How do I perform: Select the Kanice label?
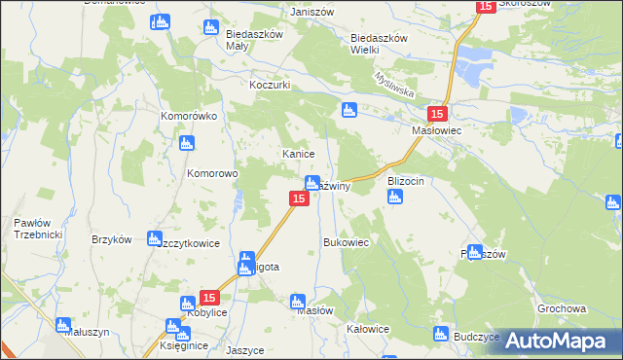[296, 154]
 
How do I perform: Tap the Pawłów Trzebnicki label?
[25, 229]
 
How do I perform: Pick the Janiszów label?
[312, 12]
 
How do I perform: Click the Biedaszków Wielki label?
[378, 45]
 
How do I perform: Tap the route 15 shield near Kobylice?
[208, 297]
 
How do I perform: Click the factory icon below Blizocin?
[394, 198]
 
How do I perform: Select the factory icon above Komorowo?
[186, 144]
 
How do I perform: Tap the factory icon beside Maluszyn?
[63, 325]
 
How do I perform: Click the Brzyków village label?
[110, 240]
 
